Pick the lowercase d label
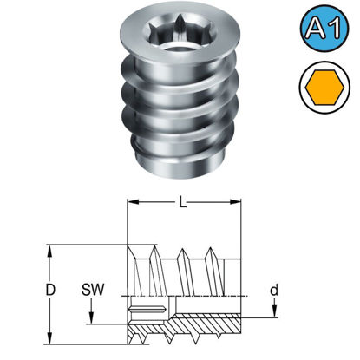point(274,287)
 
